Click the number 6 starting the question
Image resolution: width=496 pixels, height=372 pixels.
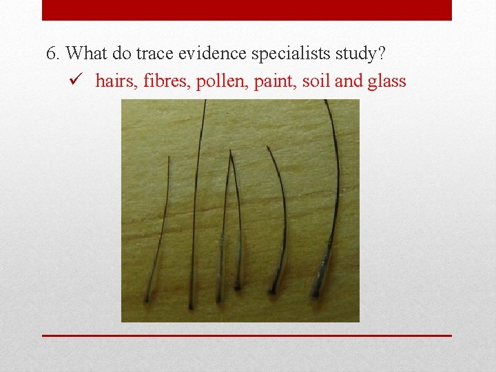[51, 53]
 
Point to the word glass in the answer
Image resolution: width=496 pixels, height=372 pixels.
[386, 81]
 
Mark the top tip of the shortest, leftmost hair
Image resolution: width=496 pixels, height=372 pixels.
[169, 158]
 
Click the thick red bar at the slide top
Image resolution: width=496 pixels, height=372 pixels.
[247, 10]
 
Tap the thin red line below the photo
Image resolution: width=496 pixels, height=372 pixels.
[247, 335]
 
